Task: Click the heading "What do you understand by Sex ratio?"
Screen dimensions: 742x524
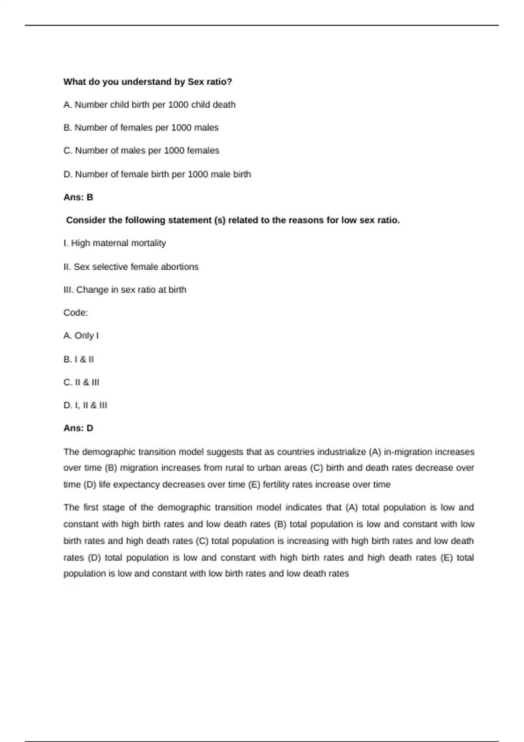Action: pos(148,82)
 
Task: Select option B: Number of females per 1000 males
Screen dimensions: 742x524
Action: pos(141,128)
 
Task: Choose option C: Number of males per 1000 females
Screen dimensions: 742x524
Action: pos(141,151)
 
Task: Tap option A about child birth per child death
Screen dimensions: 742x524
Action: pos(149,105)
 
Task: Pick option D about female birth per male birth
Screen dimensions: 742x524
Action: pos(157,175)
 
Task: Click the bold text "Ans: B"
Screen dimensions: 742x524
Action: pos(78,197)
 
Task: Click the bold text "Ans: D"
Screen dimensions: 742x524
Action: pos(78,428)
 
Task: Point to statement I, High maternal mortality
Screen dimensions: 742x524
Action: pos(114,243)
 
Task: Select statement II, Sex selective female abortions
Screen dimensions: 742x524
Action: pos(131,267)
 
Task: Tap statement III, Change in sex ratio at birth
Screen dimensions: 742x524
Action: pos(125,290)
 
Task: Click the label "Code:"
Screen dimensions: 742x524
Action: pos(76,313)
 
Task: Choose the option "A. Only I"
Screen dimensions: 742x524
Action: pos(81,336)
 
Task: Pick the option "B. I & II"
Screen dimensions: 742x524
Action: pos(79,360)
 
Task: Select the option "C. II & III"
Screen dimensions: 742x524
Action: pos(81,382)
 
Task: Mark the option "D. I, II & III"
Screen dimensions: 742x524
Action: pos(85,405)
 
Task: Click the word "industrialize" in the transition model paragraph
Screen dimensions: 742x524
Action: pos(341,452)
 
